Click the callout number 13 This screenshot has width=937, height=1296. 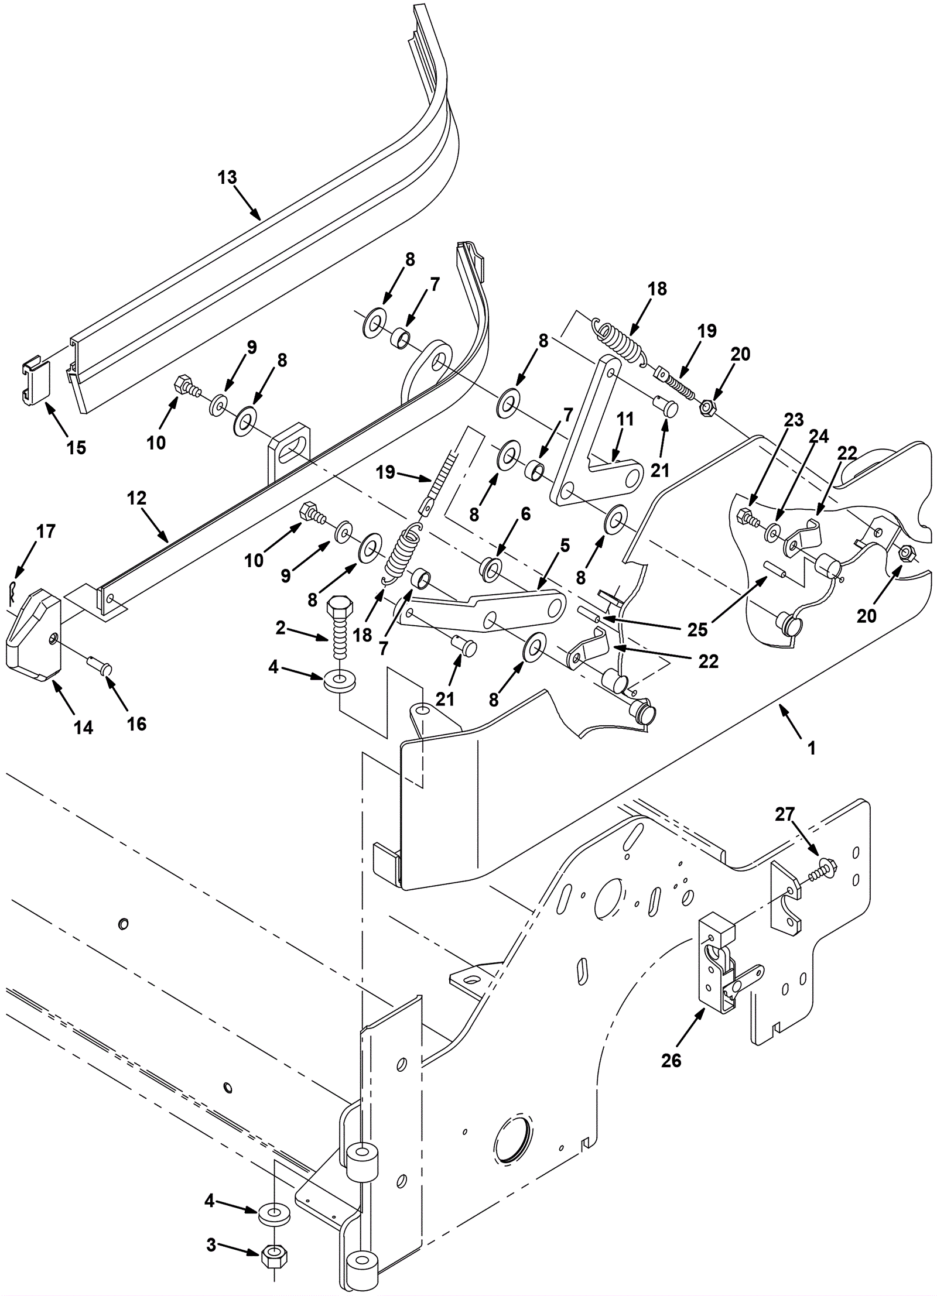pyautogui.click(x=227, y=177)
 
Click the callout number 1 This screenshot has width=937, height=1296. pyautogui.click(x=812, y=748)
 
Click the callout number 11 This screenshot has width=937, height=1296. pyautogui.click(x=625, y=419)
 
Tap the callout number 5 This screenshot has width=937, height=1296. pyautogui.click(x=565, y=545)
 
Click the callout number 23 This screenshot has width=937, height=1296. pyautogui.click(x=795, y=419)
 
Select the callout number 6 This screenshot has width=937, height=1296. pyautogui.click(x=525, y=514)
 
